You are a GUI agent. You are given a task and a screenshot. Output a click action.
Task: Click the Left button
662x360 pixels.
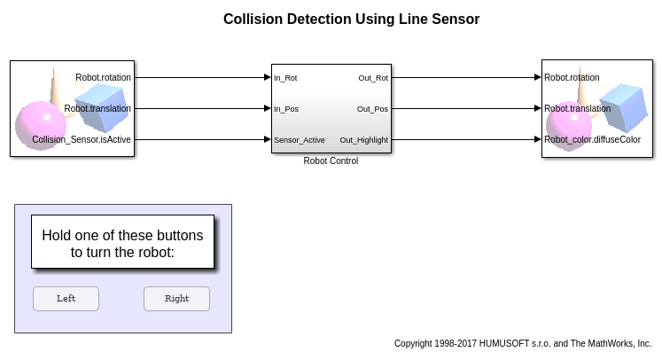tap(66, 299)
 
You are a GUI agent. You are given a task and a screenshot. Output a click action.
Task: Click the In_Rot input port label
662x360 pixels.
tap(285, 78)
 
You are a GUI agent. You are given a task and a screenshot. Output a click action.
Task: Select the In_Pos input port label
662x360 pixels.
tap(286, 109)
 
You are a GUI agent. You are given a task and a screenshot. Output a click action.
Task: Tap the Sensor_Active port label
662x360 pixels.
tap(300, 140)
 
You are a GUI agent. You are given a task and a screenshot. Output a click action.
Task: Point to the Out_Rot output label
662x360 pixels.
tap(373, 78)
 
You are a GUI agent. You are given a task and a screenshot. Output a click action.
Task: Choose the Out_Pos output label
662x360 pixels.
tap(372, 109)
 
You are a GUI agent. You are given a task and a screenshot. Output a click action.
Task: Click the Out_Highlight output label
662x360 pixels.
tap(364, 140)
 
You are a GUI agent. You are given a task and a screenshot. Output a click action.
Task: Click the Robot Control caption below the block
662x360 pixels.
tap(331, 161)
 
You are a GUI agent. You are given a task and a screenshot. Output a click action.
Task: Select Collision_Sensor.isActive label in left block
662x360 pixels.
tap(82, 140)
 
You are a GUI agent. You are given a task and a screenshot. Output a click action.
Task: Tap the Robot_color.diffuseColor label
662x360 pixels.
tap(592, 140)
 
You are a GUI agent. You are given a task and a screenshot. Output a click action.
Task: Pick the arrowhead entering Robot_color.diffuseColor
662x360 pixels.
tap(537, 139)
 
